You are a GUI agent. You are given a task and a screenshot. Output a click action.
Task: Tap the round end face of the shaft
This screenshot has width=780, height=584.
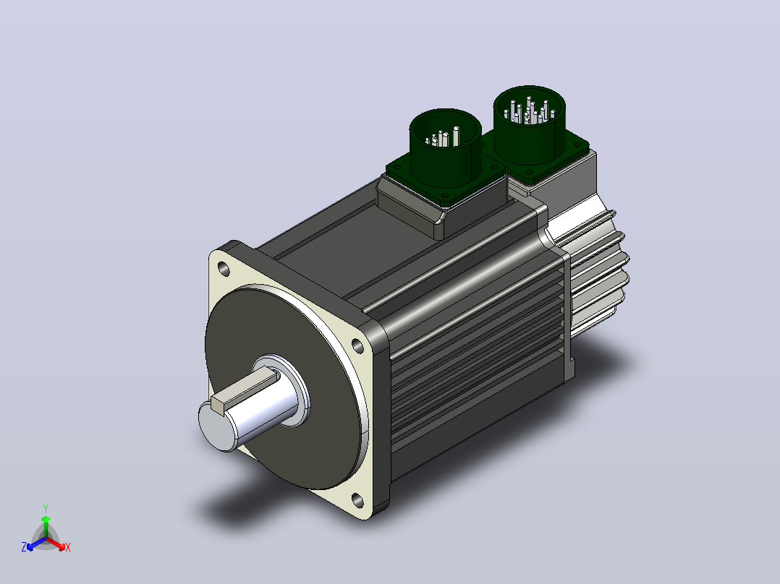pos(217,427)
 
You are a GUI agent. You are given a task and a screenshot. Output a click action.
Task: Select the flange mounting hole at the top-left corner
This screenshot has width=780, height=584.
pos(224,270)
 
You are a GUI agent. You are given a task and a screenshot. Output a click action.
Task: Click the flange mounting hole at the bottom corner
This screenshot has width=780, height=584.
pos(357,499)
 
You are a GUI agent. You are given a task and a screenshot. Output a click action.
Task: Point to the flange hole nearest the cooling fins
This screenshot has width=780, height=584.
pos(357,345)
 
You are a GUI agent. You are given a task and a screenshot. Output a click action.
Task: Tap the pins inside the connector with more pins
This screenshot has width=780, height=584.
pos(530,111)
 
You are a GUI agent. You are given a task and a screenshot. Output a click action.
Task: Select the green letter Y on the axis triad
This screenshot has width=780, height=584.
pos(46,508)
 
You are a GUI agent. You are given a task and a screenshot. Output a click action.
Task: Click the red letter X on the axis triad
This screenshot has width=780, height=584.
pos(68,547)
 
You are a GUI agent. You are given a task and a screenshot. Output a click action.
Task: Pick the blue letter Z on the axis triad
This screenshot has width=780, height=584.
pos(24,547)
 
